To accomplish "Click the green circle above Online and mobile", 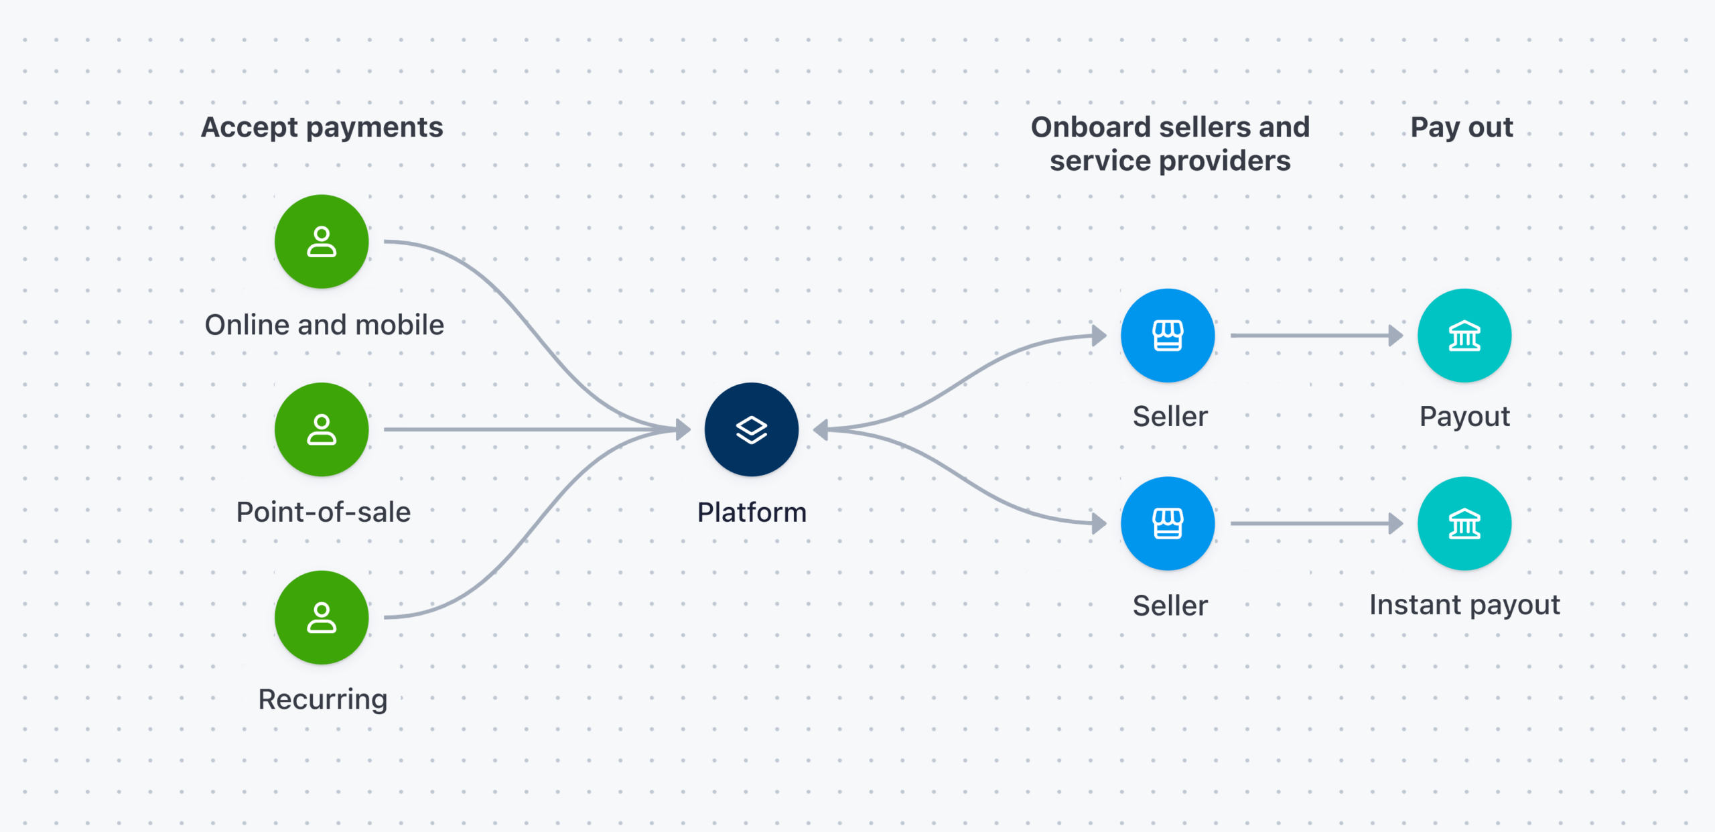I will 322,242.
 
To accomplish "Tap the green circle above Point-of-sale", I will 322,429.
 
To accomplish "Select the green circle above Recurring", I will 322,617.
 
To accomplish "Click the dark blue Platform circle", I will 751,429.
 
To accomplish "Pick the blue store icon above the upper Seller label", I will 1168,336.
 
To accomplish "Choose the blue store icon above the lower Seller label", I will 1168,523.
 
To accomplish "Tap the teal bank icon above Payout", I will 1464,336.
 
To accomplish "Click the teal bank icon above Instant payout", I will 1464,523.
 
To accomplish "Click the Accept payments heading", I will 322,127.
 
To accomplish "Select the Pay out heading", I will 1462,127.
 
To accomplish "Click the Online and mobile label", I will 324,325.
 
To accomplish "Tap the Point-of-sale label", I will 324,512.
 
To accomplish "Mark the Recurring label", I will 323,700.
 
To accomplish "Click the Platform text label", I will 752,512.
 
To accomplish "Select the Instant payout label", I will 1464,606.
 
